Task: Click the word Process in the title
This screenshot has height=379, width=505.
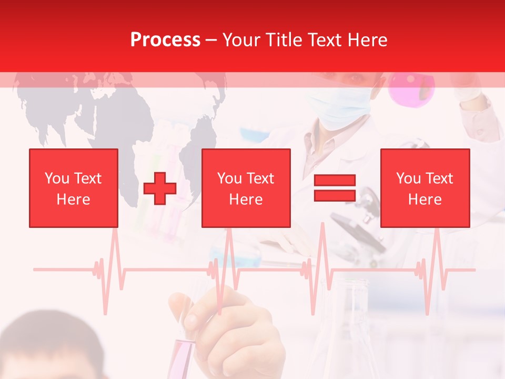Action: (165, 40)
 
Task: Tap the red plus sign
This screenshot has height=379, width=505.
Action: (160, 188)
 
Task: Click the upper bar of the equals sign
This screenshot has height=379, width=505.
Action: (335, 181)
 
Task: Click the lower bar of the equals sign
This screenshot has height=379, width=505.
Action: (335, 196)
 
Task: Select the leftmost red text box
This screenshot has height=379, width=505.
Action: (74, 188)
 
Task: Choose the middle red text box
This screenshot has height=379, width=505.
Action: (246, 188)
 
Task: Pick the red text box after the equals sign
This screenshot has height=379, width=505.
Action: (425, 188)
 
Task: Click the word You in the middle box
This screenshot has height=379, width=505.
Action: (229, 179)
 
